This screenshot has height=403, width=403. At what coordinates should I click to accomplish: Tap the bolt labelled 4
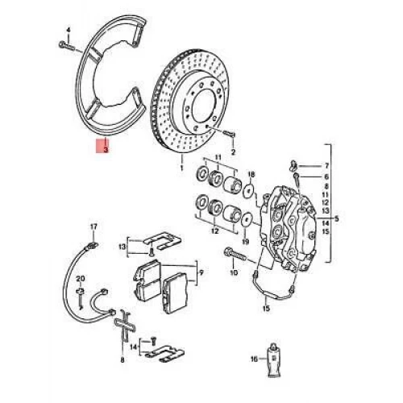66,46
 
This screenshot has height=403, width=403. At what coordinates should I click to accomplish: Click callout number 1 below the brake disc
182,168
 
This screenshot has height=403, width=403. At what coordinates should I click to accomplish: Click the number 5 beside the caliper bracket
337,218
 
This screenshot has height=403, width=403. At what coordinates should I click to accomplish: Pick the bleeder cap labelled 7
293,166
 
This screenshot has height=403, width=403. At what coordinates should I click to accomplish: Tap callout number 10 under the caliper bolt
234,272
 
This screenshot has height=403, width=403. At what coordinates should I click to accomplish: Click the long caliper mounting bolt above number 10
235,254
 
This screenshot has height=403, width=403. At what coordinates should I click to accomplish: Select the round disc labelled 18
248,191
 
